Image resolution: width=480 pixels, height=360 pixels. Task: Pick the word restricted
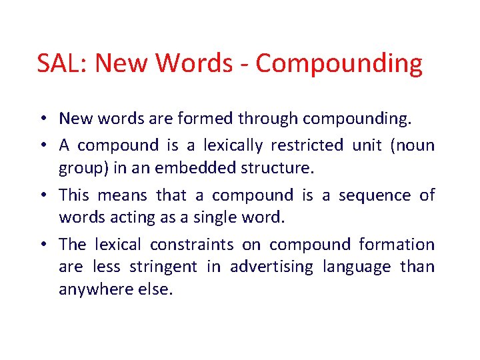308,145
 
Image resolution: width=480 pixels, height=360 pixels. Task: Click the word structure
275,169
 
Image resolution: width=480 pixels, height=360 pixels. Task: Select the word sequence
375,195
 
